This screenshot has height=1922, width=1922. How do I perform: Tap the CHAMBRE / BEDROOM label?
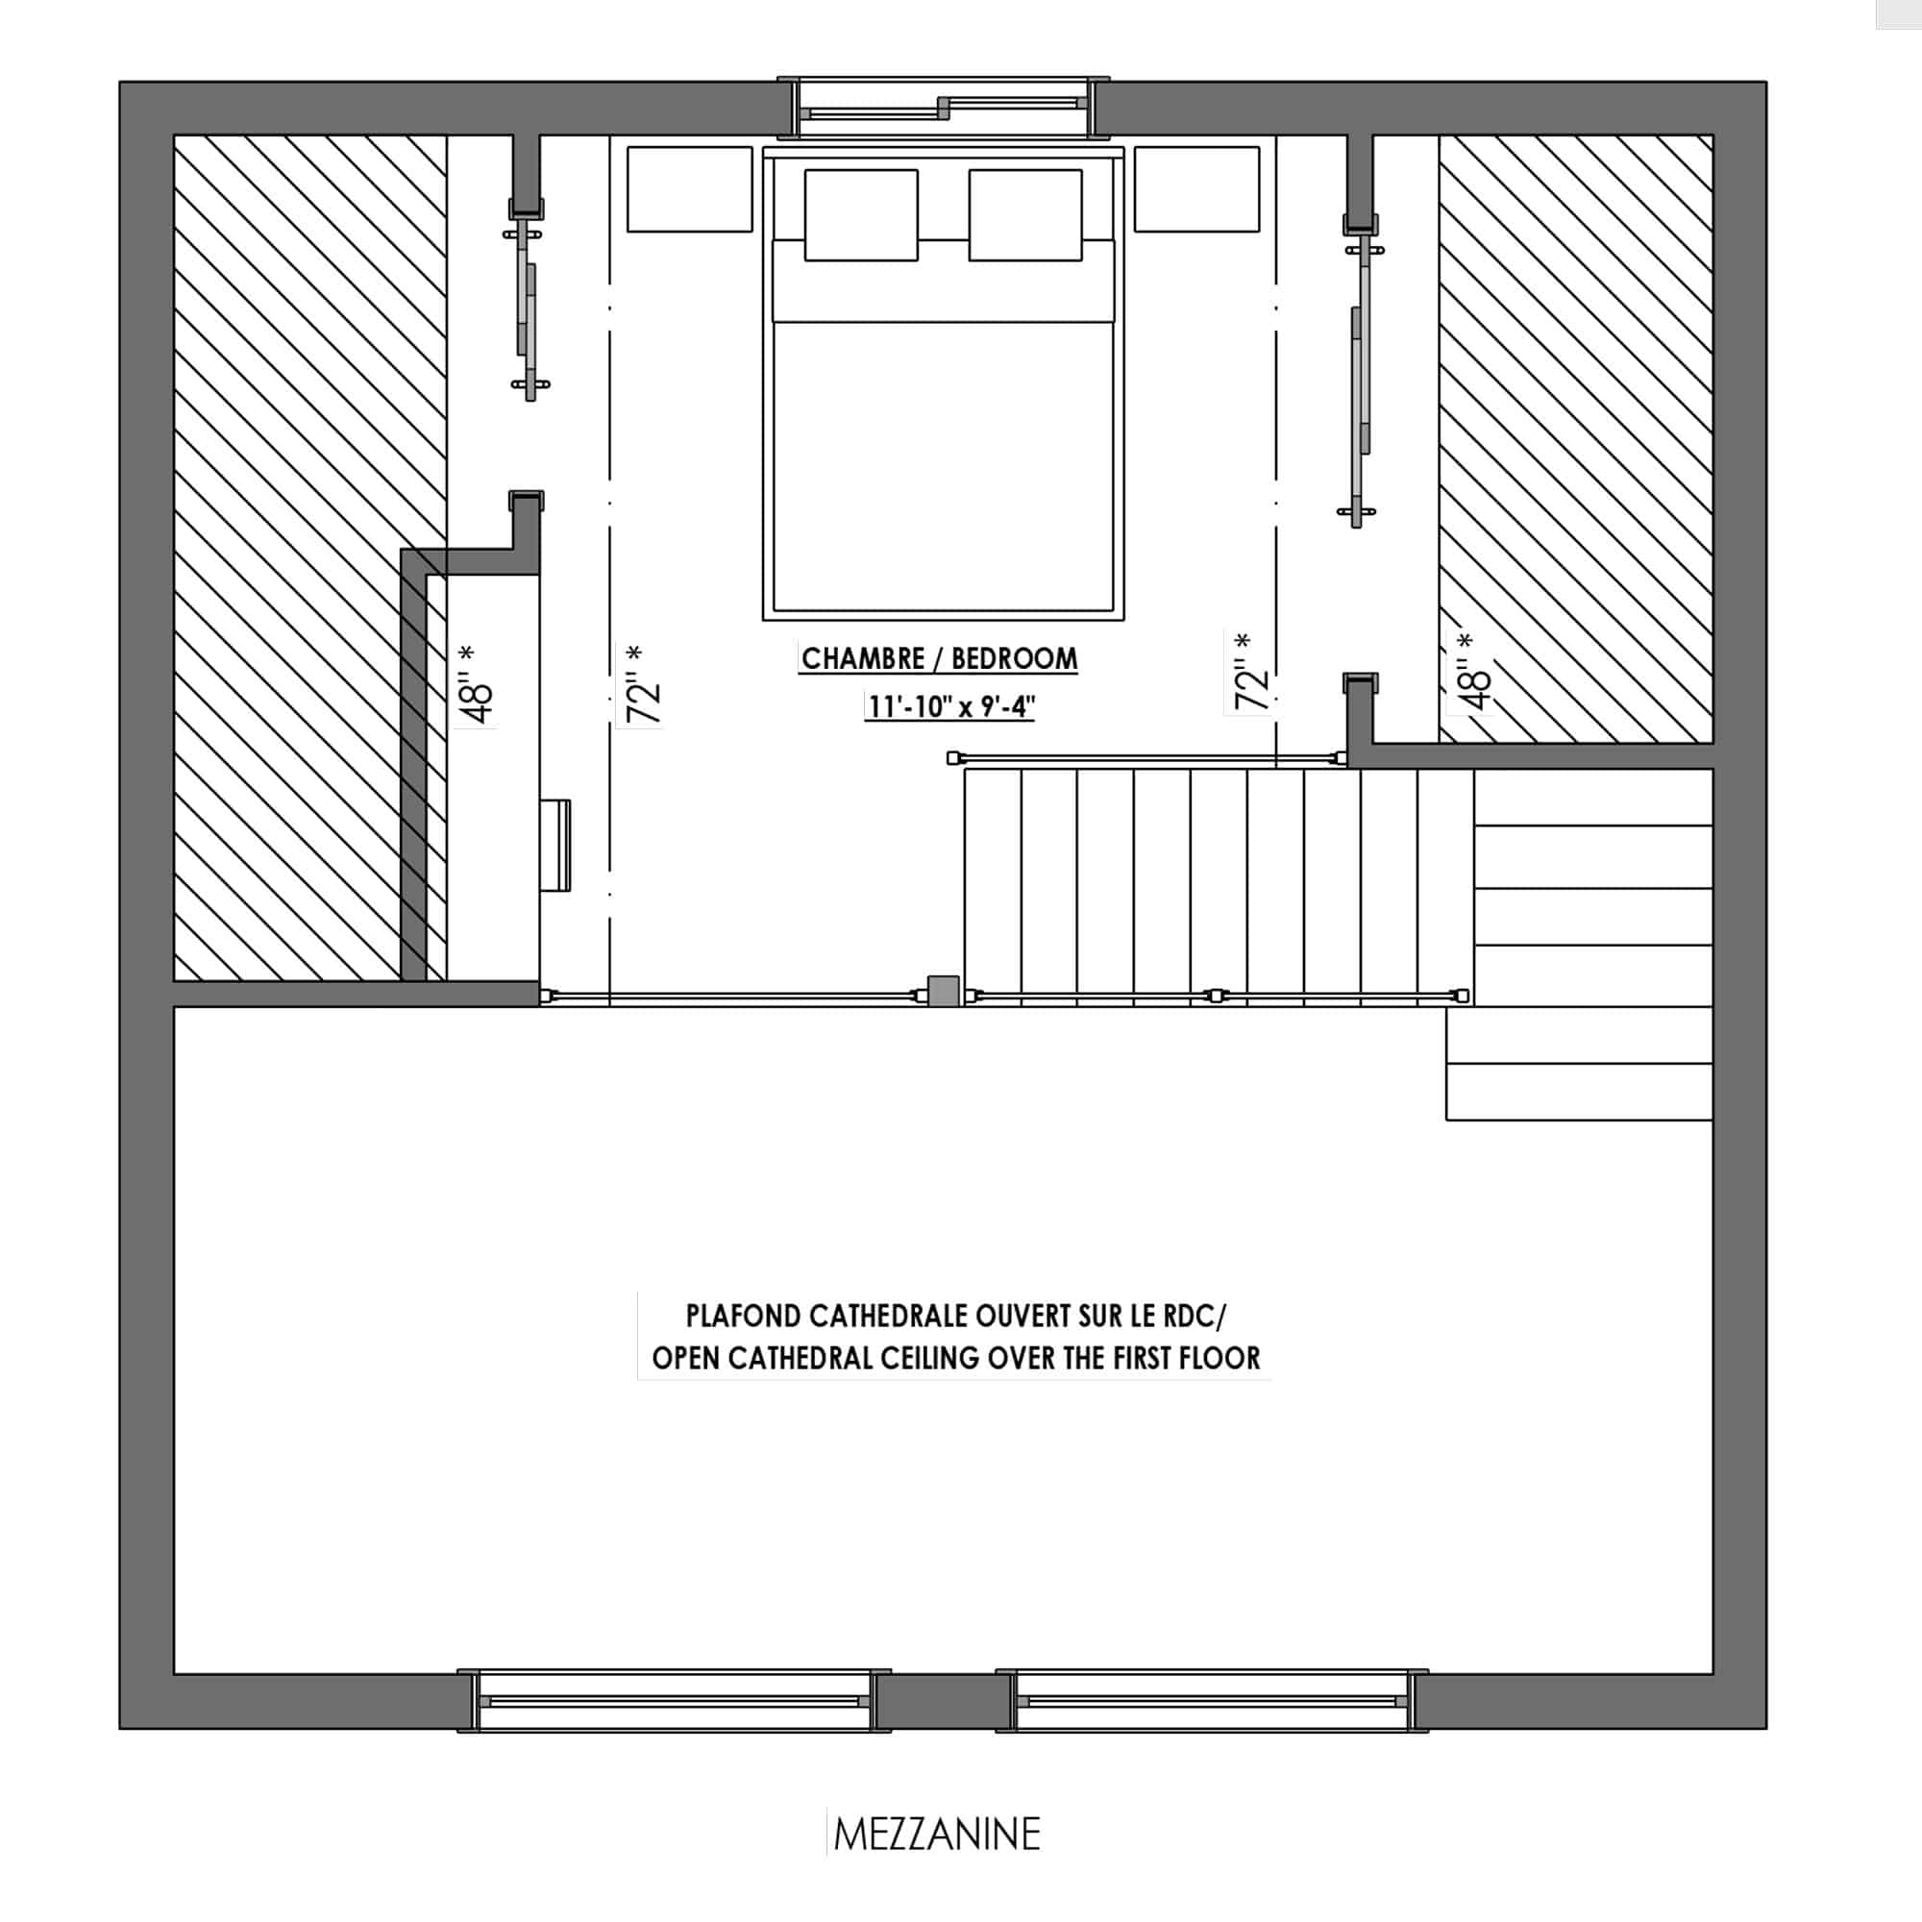click(x=939, y=658)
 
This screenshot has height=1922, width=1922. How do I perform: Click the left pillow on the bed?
click(x=860, y=215)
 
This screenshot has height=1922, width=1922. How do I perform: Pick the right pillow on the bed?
click(x=1025, y=215)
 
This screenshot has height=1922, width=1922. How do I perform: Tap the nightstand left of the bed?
click(x=689, y=189)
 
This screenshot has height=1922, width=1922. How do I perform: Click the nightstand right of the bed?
click(x=1196, y=189)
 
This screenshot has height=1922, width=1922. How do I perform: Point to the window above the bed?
click(x=943, y=108)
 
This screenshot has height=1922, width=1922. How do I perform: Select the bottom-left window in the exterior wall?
click(x=674, y=1701)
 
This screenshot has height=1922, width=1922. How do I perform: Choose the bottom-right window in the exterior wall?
click(x=1213, y=1701)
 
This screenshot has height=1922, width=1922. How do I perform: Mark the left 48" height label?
click(x=475, y=686)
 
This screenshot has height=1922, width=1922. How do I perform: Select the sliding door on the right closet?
click(x=1358, y=384)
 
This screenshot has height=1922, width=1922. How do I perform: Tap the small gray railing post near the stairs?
click(x=943, y=992)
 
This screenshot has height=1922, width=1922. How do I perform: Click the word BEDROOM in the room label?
click(x=1015, y=658)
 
